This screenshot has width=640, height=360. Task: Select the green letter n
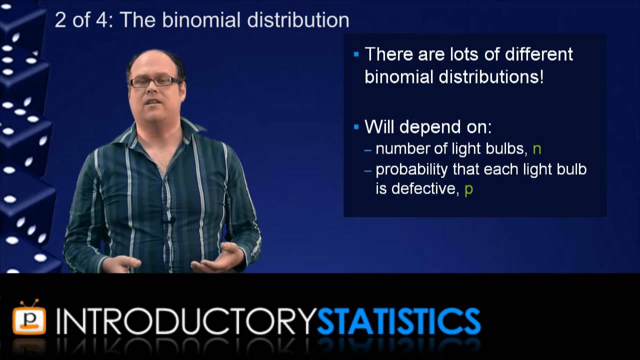[536, 148]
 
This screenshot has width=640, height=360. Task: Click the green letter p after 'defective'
[468, 189]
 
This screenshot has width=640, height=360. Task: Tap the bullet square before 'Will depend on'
[356, 127]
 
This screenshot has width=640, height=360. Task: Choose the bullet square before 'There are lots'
[356, 54]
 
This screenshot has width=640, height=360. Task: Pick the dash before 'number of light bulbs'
[368, 149]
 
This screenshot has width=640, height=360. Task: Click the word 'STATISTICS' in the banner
[398, 321]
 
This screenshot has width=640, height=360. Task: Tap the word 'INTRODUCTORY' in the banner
[186, 321]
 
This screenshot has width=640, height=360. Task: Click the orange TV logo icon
[29, 318]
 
